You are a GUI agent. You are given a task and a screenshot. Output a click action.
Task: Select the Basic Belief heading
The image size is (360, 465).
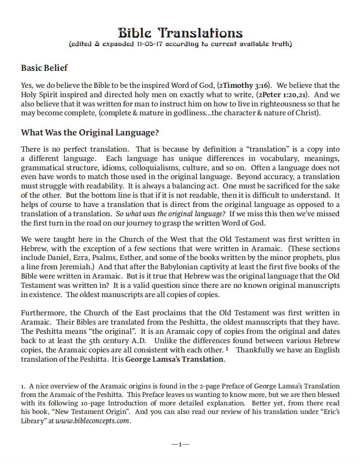[x=44, y=68]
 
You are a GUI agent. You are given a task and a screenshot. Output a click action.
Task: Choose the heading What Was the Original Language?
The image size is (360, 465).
[x=90, y=133]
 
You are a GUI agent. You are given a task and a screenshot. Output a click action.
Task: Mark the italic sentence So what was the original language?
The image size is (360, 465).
[x=171, y=214]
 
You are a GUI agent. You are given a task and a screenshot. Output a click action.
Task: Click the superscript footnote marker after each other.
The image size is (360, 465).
[x=227, y=349]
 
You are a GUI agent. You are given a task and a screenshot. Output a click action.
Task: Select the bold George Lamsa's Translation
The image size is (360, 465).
[x=174, y=359]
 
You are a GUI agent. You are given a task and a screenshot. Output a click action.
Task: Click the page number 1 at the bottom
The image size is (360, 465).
[x=180, y=444]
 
